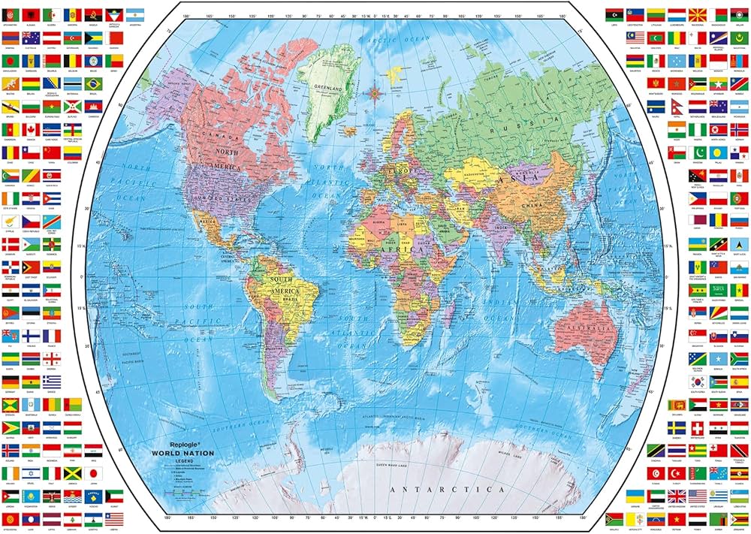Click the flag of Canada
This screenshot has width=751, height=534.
point(30,128)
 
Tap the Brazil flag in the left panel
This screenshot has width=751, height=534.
point(93,83)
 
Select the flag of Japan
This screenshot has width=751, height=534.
point(93,473)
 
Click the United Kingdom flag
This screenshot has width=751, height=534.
point(677,496)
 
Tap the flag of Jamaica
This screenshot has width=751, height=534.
point(72,473)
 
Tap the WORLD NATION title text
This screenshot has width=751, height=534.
point(182,454)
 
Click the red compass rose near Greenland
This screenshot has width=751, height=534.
point(373,93)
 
